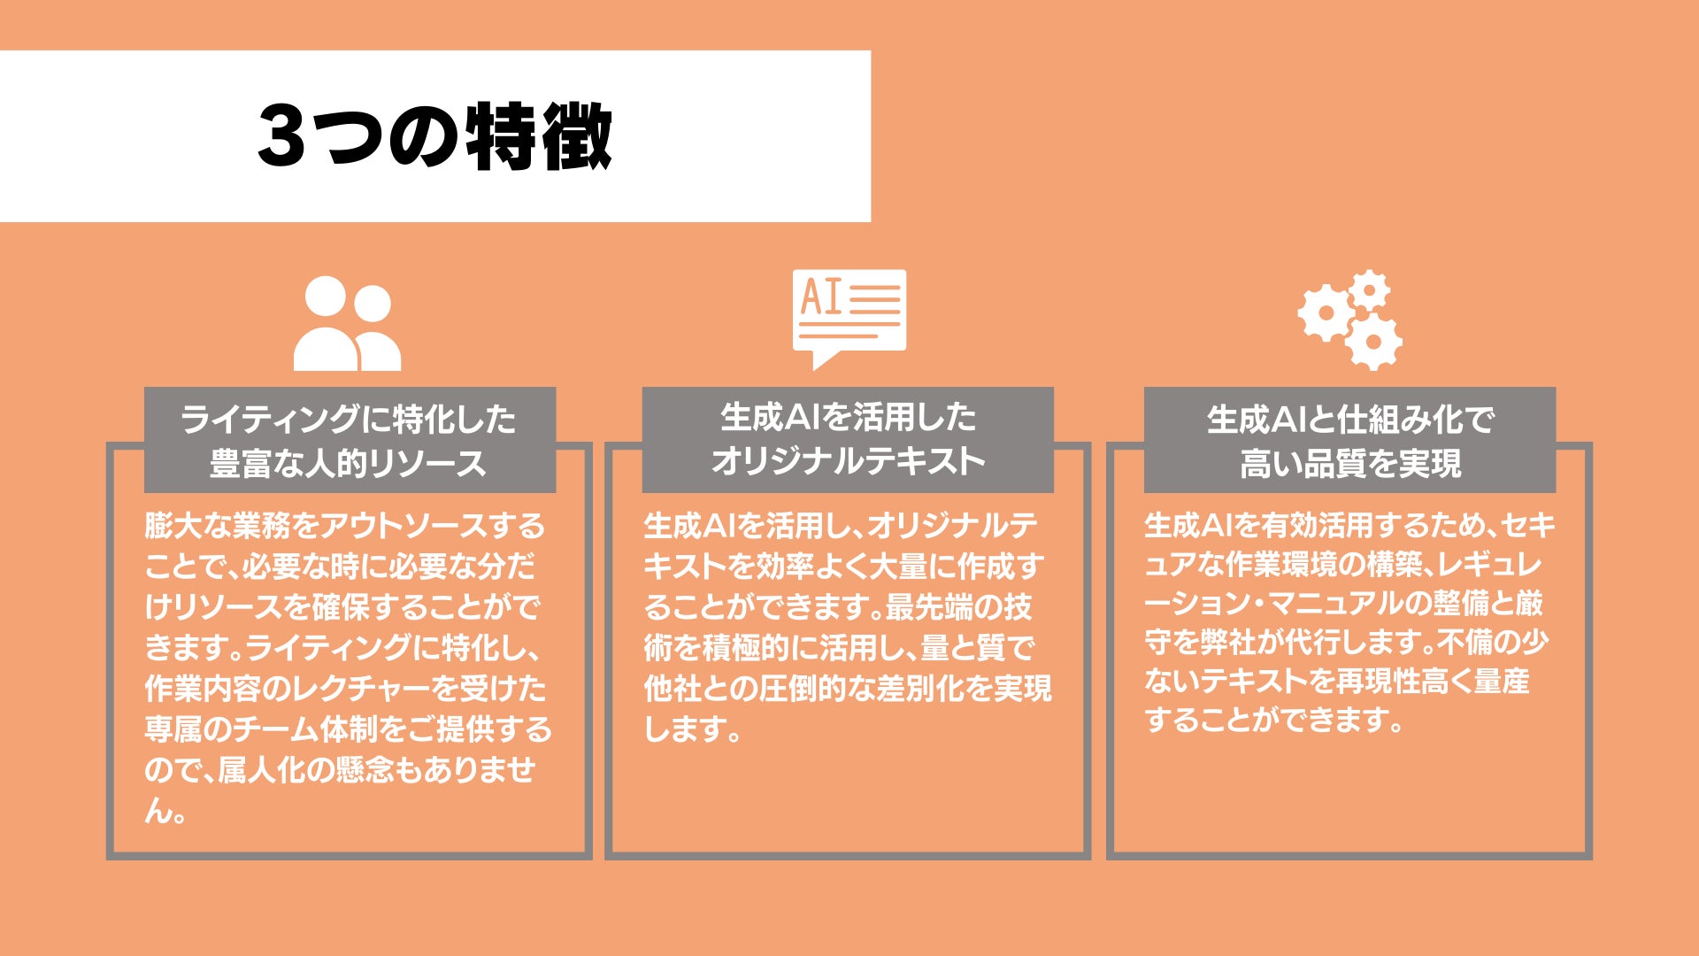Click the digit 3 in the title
point(281,136)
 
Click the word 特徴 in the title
point(539,136)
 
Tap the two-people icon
point(347,323)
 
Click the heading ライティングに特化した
point(349,419)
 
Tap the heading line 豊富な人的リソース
point(349,463)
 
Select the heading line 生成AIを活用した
point(848,417)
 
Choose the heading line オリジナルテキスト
point(848,461)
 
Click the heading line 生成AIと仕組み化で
point(1350,420)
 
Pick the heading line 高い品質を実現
point(1350,463)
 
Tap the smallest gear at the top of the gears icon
point(1371,289)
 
